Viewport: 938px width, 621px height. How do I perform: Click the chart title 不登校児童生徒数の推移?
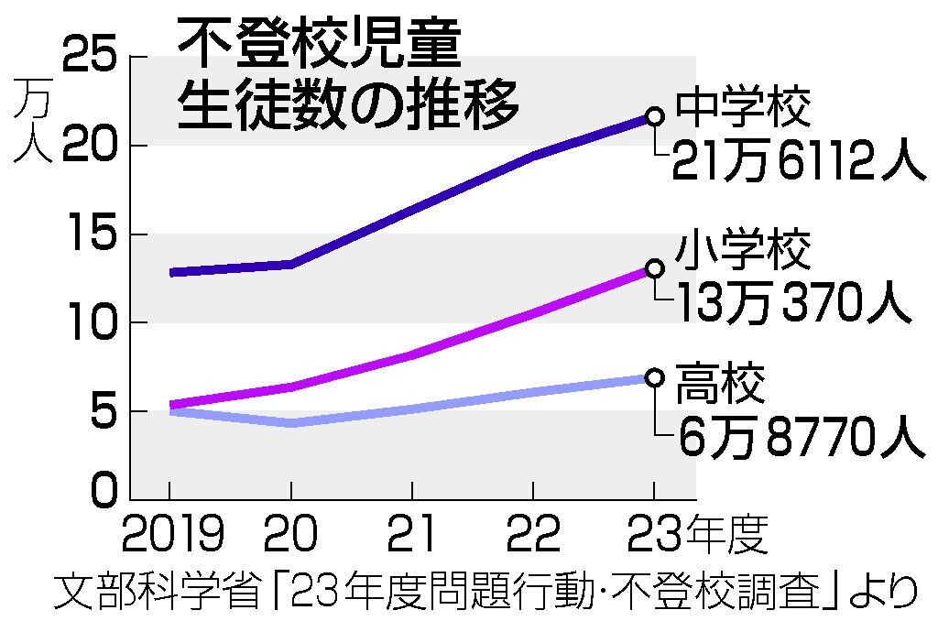pos(348,73)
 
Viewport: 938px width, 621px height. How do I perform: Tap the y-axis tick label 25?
pos(91,57)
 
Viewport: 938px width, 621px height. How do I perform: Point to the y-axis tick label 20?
pos(91,145)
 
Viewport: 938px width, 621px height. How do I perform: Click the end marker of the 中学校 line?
pos(654,115)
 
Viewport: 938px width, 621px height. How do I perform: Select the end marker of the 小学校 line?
pos(654,268)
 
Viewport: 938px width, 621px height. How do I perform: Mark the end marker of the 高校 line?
pos(654,377)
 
